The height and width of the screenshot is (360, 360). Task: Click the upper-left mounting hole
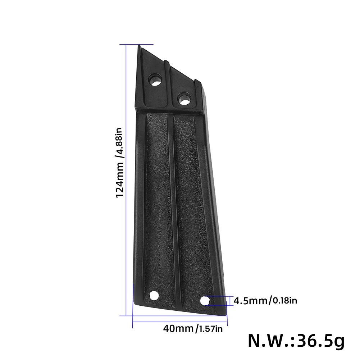point(156,79)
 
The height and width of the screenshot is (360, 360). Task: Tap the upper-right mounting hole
point(184,98)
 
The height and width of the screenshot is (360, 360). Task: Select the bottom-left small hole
point(154,296)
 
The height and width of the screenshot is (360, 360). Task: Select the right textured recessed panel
point(188,205)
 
